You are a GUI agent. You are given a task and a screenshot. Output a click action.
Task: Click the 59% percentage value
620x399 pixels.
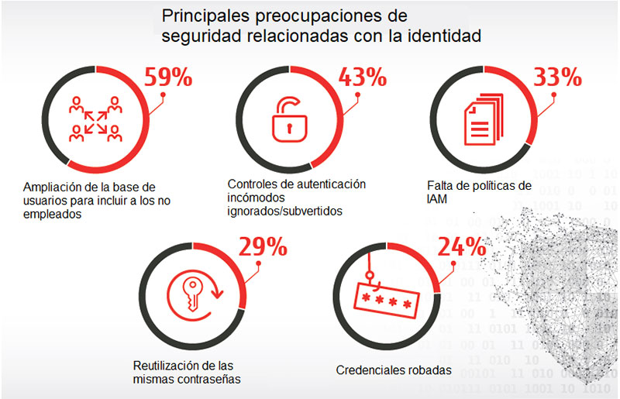tap(168, 78)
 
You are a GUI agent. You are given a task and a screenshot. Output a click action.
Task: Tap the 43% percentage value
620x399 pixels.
tap(362, 77)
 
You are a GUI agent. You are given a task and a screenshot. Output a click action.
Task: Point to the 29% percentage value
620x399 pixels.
tap(263, 247)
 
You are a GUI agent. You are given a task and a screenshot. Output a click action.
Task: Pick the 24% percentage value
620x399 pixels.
tap(462, 247)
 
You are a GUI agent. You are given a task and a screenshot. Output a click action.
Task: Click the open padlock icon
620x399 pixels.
tap(288, 116)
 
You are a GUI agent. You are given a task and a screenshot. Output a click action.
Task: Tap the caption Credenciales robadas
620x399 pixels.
tap(394, 370)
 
